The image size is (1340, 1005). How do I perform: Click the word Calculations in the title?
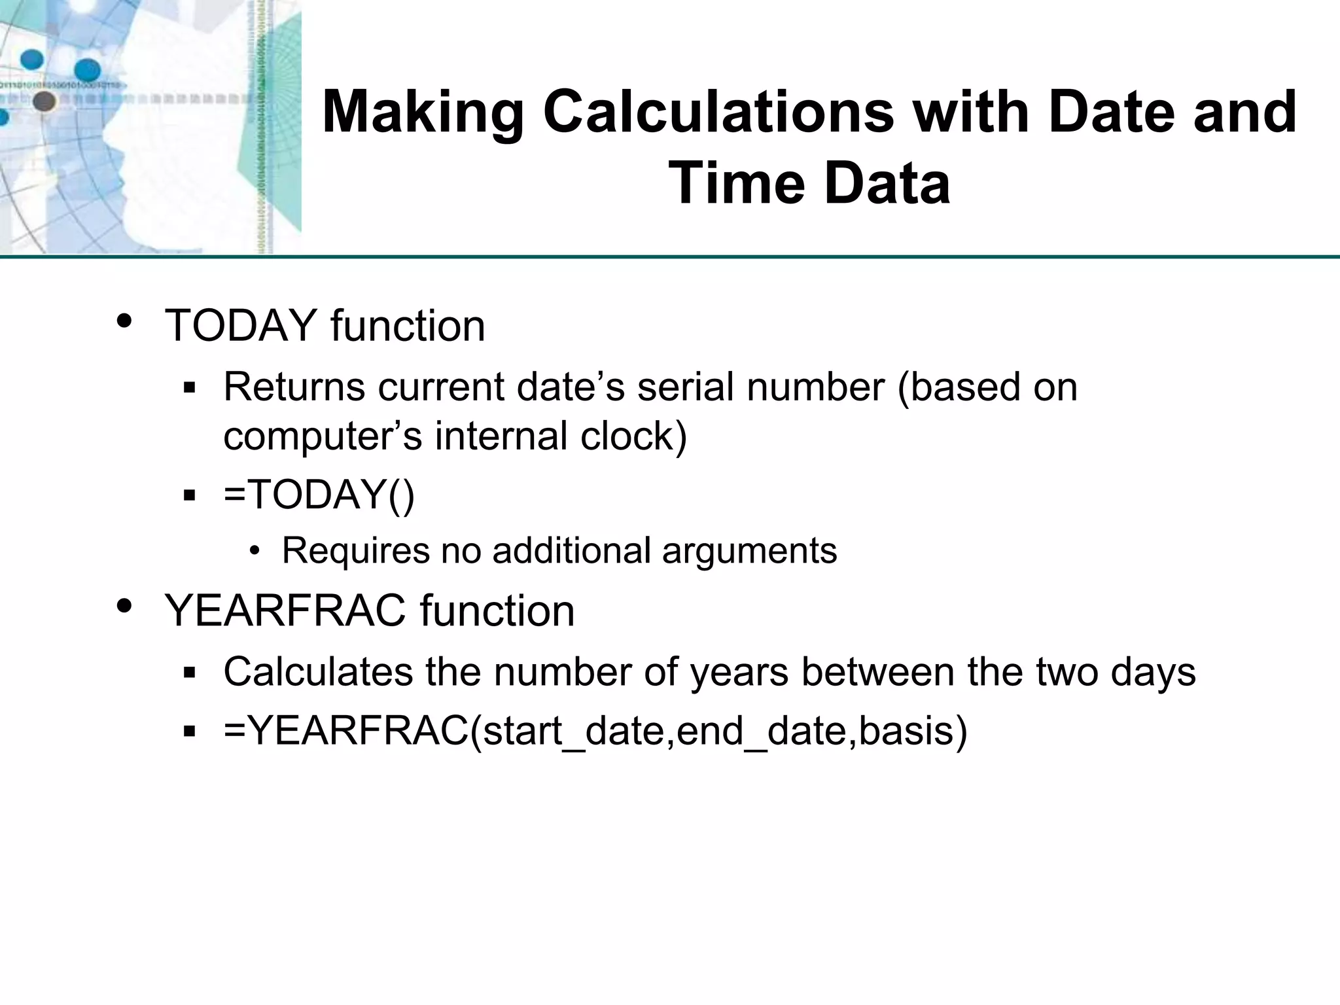coord(718,113)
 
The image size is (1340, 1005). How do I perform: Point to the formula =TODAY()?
coord(319,495)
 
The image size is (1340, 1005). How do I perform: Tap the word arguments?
coord(749,551)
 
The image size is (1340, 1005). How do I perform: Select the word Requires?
coord(355,551)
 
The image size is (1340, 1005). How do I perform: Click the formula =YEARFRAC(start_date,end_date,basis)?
coord(595,730)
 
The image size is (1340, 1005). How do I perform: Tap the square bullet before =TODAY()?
coord(190,495)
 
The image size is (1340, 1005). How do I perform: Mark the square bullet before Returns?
coord(190,388)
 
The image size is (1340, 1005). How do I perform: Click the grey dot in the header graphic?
coord(44,101)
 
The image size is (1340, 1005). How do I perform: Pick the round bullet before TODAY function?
coord(124,321)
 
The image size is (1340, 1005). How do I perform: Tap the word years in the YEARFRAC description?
coord(739,672)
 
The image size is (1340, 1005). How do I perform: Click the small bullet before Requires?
coord(255,551)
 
